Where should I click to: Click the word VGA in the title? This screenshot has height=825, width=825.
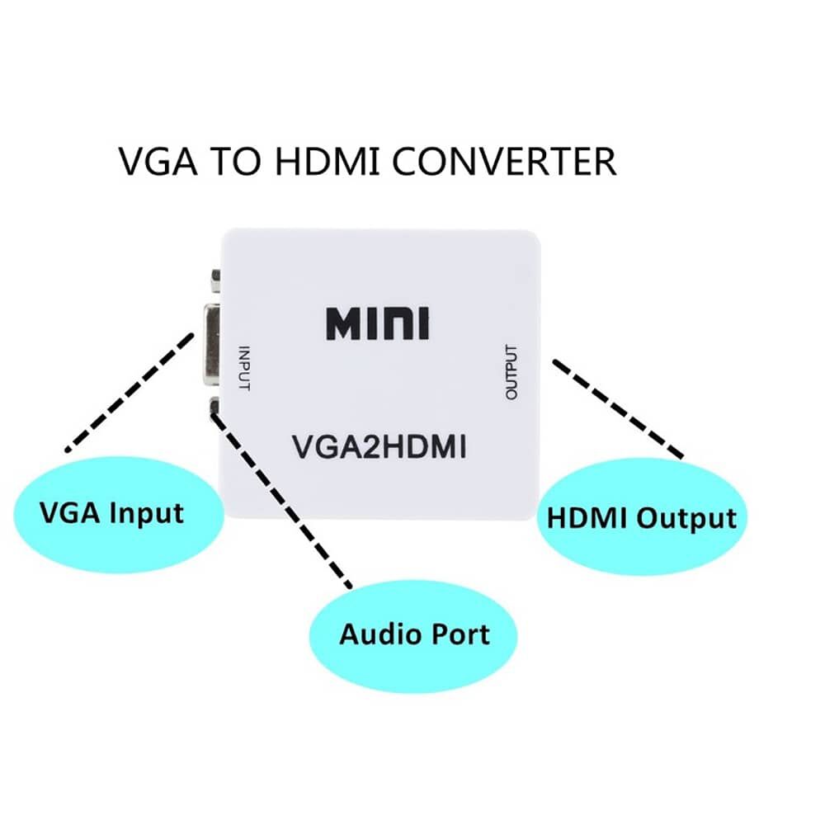[x=159, y=161]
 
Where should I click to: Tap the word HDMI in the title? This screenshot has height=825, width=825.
[x=328, y=161]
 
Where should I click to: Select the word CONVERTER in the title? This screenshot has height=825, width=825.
[x=503, y=161]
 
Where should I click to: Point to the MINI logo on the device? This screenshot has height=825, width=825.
[x=377, y=323]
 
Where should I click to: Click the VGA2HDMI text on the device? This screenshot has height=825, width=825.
[x=379, y=448]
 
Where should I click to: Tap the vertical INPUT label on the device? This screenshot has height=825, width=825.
[x=243, y=367]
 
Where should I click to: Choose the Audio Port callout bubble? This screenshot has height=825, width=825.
[x=414, y=634]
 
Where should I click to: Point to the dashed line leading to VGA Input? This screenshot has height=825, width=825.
[x=128, y=392]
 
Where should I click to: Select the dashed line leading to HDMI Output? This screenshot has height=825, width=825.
[x=619, y=408]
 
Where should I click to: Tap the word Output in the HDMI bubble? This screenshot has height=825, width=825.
[x=686, y=518]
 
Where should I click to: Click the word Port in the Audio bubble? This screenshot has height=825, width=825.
[x=460, y=634]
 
